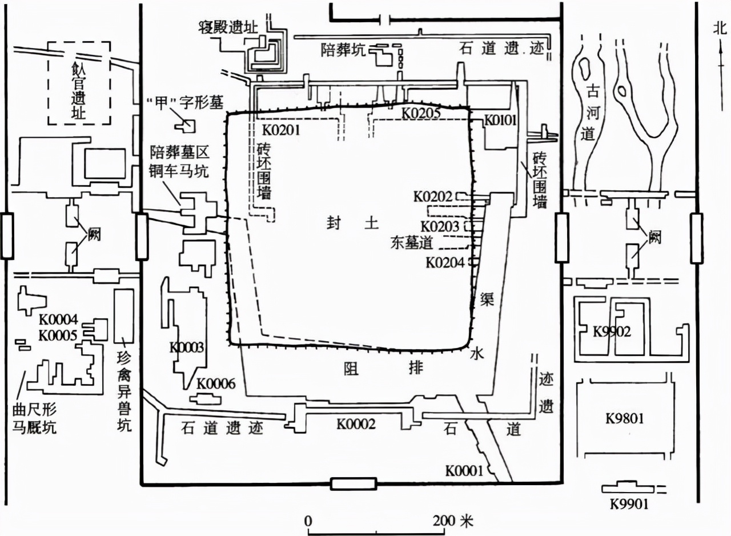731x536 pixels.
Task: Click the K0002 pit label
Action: [x=355, y=423]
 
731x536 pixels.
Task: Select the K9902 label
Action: [x=612, y=331]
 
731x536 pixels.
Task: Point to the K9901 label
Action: [x=629, y=505]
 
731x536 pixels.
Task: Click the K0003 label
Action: [x=186, y=347]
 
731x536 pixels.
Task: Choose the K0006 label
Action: [x=215, y=384]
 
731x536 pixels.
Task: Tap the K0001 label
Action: [x=464, y=471]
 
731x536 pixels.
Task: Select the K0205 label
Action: [x=420, y=113]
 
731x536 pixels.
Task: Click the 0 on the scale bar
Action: [x=308, y=521]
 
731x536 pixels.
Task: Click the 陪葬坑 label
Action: [x=342, y=50]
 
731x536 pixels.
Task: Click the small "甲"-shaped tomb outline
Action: [x=187, y=125]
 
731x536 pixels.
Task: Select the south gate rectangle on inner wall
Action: [x=354, y=484]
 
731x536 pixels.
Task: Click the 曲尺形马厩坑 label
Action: [x=34, y=419]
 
